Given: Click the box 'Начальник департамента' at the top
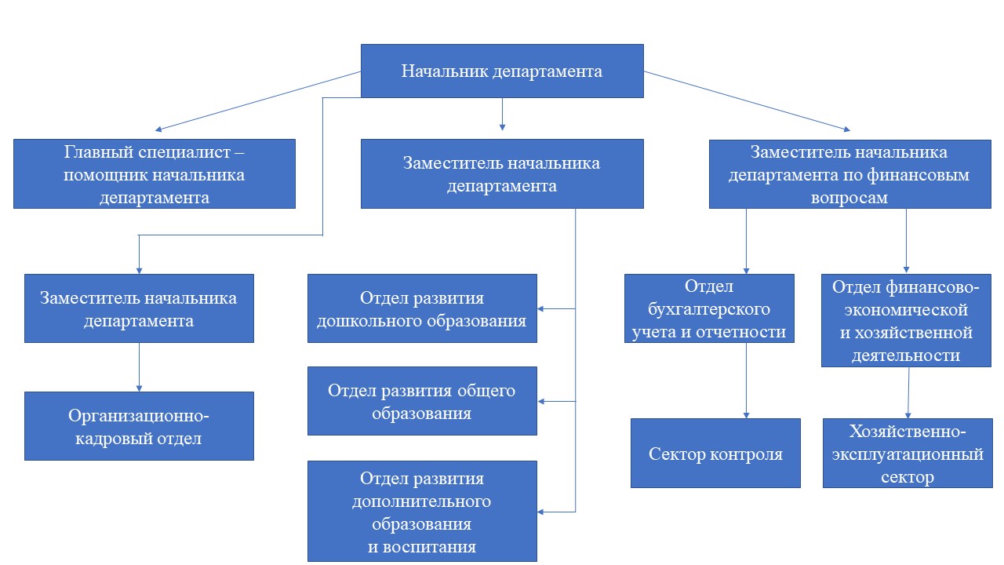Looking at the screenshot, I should click(502, 71).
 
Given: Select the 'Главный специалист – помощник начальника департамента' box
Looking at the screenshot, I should click(155, 173).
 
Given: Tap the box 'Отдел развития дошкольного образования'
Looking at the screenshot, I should click(422, 308).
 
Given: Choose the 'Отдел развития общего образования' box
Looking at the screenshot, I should click(422, 400).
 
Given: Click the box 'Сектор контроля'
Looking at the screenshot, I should click(715, 454).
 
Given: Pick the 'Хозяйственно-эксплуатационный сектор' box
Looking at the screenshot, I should click(908, 454).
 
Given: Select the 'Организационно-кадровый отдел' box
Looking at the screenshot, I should click(139, 426).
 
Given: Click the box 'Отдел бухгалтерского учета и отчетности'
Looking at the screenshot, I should click(709, 308).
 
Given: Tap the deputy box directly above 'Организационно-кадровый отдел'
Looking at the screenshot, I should click(139, 308).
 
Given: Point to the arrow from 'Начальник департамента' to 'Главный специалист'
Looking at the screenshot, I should click(259, 100).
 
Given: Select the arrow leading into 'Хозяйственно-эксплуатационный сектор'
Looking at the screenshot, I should click(908, 392).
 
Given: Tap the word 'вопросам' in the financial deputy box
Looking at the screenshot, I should click(850, 199).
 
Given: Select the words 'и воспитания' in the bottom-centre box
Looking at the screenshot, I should click(422, 546).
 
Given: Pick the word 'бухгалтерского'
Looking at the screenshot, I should click(709, 308).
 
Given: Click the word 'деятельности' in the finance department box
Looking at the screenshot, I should click(907, 355).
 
